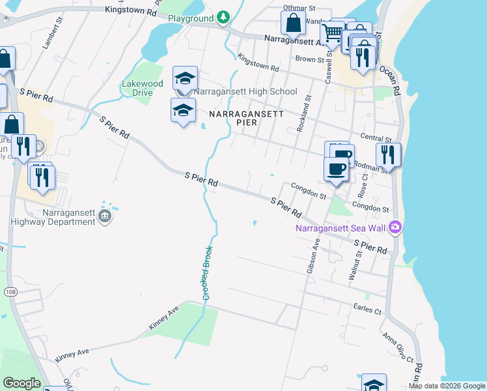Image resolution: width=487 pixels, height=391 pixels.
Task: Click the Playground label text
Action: click(x=191, y=18)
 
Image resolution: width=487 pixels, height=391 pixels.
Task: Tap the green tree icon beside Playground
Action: click(x=223, y=17)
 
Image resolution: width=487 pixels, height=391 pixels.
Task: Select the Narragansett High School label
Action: click(x=246, y=91)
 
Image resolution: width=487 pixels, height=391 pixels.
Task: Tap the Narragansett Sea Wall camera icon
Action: click(x=395, y=227)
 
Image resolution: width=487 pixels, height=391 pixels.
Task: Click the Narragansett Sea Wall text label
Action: click(x=340, y=228)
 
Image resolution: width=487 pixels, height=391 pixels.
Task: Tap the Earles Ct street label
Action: click(x=367, y=310)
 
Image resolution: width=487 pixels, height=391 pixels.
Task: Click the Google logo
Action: click(x=21, y=383)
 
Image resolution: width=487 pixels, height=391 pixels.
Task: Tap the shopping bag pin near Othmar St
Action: click(x=294, y=23)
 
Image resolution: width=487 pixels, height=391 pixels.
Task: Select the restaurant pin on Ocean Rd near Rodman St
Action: click(x=388, y=155)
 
